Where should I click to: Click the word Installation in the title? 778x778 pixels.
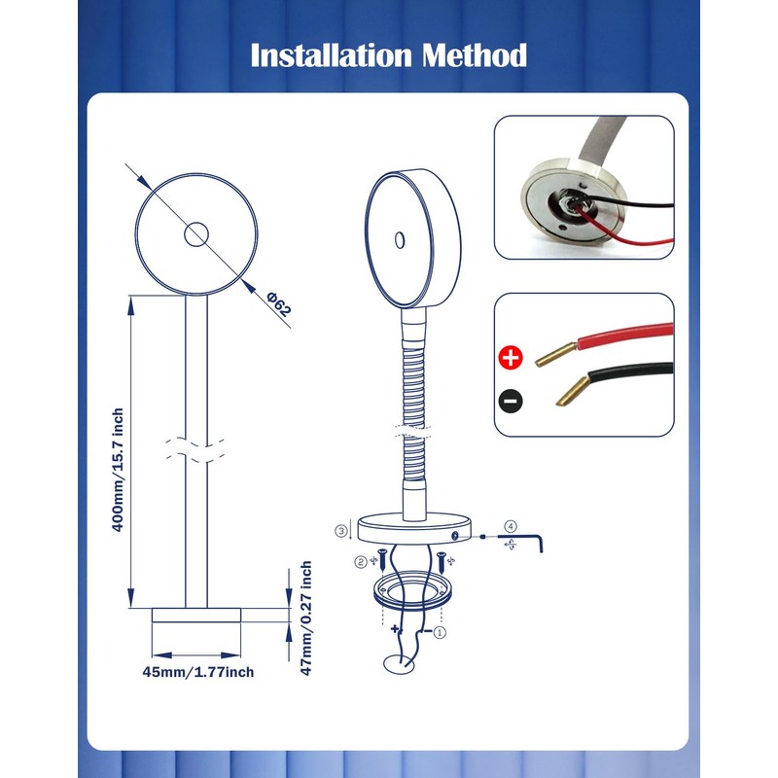331,55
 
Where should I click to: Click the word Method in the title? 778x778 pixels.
475,55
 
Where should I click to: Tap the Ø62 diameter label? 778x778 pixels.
278,304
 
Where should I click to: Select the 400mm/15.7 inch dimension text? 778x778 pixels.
118,470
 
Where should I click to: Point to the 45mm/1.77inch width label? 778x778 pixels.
198,672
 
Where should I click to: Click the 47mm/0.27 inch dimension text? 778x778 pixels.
306,618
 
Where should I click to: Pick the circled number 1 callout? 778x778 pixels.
440,632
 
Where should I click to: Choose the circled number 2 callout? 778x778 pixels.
361,562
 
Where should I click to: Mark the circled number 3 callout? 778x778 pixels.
341,531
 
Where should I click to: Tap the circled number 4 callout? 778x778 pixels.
511,526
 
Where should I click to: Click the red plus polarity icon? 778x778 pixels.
511,357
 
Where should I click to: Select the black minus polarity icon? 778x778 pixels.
511,400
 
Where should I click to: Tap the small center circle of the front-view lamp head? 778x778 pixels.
196,234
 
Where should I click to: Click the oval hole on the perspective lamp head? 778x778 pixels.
400,240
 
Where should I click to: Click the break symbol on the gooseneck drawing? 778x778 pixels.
412,431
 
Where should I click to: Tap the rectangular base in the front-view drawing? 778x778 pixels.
196,615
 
